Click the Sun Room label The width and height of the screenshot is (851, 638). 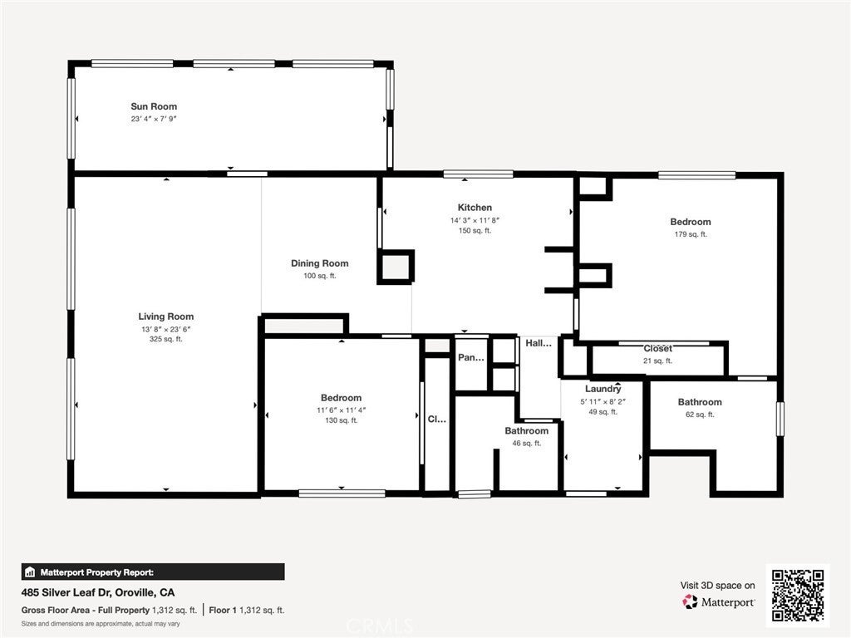[x=154, y=106]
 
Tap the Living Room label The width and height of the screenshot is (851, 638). [x=165, y=317]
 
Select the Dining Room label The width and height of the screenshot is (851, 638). [x=320, y=263]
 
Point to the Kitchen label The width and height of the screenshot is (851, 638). [x=475, y=207]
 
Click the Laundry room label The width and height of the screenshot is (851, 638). [x=603, y=389]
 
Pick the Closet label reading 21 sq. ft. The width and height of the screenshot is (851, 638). [x=658, y=348]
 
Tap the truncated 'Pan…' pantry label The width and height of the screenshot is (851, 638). [x=471, y=357]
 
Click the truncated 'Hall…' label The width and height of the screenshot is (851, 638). [x=539, y=343]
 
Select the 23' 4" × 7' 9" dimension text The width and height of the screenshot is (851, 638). [x=154, y=119]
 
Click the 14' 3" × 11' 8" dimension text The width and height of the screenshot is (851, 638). [x=475, y=220]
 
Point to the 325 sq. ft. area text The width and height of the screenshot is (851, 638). [x=165, y=339]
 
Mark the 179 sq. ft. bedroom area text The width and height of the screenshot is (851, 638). [x=691, y=234]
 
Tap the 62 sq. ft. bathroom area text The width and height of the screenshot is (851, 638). [x=700, y=415]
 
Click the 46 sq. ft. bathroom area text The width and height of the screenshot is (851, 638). [x=526, y=444]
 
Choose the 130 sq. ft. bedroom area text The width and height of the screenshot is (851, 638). [x=341, y=420]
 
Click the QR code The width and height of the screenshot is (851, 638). [x=798, y=595]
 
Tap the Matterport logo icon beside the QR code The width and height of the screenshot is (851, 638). [x=690, y=601]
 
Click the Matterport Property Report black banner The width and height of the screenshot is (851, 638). [x=153, y=572]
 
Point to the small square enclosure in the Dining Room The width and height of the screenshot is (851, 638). [x=396, y=267]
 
